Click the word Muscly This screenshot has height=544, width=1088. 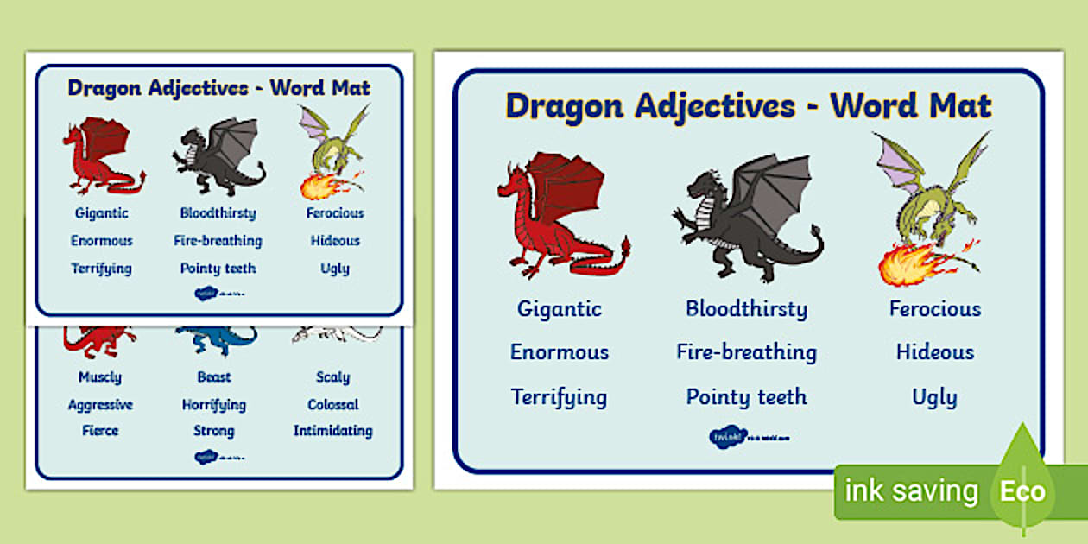(x=100, y=377)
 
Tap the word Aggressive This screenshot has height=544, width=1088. (x=100, y=404)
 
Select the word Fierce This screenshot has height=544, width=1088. (x=100, y=430)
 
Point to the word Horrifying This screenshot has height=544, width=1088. (x=214, y=404)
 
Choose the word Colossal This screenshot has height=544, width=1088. (x=333, y=404)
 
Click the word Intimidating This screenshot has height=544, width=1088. (x=333, y=430)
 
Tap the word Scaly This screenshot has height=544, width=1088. (x=333, y=377)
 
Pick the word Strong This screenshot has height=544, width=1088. (x=214, y=430)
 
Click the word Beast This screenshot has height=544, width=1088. (x=214, y=377)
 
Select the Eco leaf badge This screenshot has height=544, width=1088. (x=1023, y=491)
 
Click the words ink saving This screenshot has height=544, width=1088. (x=911, y=491)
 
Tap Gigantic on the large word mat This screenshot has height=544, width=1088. (x=560, y=308)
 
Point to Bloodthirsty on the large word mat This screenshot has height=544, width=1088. (x=746, y=308)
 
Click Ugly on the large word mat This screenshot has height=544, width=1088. (x=934, y=397)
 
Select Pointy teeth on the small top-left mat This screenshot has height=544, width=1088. (x=218, y=269)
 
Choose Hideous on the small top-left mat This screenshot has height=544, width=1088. (x=335, y=241)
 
